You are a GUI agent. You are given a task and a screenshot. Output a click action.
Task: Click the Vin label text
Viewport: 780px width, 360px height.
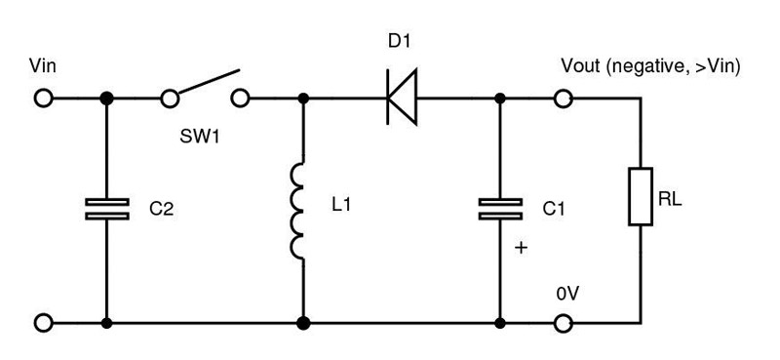pyautogui.click(x=45, y=67)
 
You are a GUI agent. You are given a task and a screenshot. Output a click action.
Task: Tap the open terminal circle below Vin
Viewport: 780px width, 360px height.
pyautogui.click(x=44, y=99)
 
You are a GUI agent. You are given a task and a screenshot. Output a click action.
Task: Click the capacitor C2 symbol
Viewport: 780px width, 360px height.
pyautogui.click(x=106, y=208)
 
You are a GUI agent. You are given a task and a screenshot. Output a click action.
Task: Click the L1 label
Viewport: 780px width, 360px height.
pyautogui.click(x=344, y=208)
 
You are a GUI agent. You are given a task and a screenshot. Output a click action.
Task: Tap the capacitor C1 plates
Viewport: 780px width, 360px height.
pyautogui.click(x=499, y=208)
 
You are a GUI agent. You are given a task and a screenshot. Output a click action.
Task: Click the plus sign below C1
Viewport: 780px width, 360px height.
pyautogui.click(x=521, y=249)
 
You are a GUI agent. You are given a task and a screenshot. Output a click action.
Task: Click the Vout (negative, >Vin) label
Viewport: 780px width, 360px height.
pyautogui.click(x=651, y=67)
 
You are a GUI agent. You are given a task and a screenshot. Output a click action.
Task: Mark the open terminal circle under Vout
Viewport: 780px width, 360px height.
pyautogui.click(x=563, y=99)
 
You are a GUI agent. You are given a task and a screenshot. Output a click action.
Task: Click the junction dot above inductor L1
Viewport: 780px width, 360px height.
pyautogui.click(x=303, y=99)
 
